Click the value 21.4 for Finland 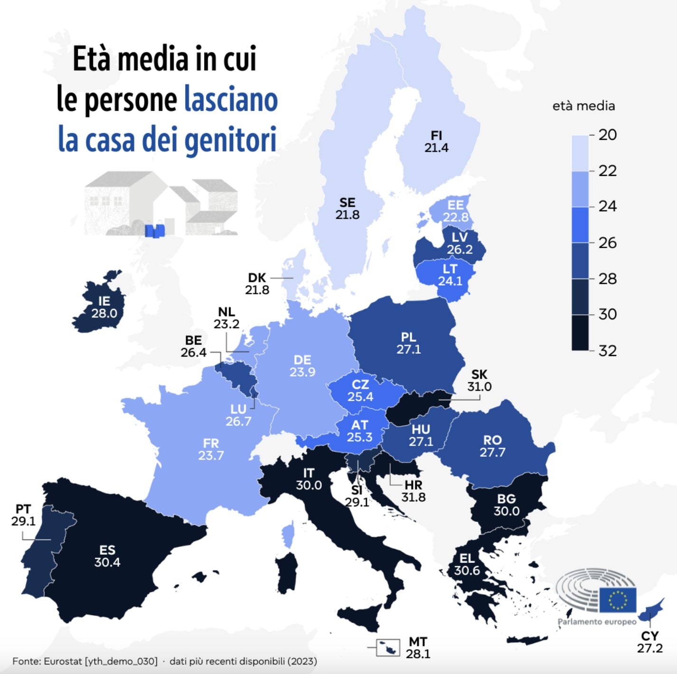436,148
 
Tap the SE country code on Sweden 347,203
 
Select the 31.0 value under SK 479,387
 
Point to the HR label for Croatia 414,485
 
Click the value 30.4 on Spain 107,562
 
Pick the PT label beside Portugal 23,510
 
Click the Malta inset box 388,647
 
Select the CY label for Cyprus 649,636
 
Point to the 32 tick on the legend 607,351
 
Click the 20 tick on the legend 607,135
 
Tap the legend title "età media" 583,106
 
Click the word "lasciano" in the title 231,99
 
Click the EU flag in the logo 618,599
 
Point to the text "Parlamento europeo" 597,622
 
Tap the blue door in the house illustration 154,231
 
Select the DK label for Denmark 257,278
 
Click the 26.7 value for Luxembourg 238,422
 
